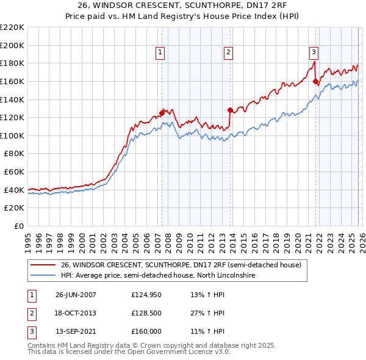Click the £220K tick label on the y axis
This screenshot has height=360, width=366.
tap(12, 27)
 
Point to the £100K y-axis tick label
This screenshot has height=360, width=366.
tap(12, 135)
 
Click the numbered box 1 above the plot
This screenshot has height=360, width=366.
tap(160, 53)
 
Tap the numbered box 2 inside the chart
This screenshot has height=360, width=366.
tap(228, 53)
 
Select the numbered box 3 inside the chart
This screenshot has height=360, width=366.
tap(314, 53)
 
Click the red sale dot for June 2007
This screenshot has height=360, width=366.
tap(162, 112)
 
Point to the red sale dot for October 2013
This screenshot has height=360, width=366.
tap(230, 110)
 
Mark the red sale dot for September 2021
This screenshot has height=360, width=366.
tap(315, 81)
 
